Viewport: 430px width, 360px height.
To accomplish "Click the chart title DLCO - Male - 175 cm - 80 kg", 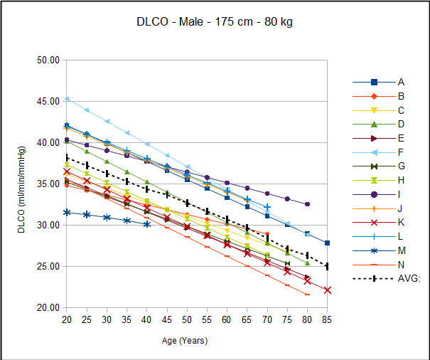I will pyautogui.click(x=215, y=22).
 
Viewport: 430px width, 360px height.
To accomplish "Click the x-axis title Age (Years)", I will pyautogui.click(x=183, y=341).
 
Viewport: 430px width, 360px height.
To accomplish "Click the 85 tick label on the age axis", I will pyautogui.click(x=327, y=319).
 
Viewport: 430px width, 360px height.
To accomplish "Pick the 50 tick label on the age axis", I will pyautogui.click(x=186, y=319).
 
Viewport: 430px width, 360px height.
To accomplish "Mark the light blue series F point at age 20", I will pyautogui.click(x=66, y=99).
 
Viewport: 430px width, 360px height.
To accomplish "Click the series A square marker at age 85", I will pyautogui.click(x=327, y=243).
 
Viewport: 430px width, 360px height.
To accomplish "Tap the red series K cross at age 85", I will pyautogui.click(x=327, y=290).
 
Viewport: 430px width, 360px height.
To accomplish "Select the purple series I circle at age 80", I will pyautogui.click(x=307, y=204).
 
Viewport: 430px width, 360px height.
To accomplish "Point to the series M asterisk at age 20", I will pyautogui.click(x=66, y=213).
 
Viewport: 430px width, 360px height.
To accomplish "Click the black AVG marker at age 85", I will pyautogui.click(x=327, y=267).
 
